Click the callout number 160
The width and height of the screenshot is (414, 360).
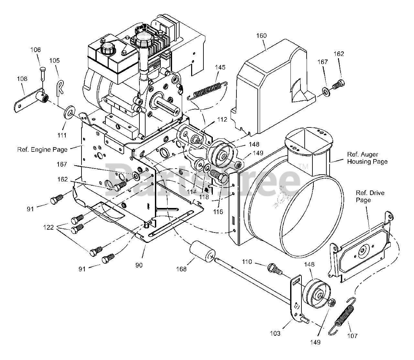pyautogui.click(x=261, y=36)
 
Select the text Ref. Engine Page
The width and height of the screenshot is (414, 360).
pyautogui.click(x=42, y=149)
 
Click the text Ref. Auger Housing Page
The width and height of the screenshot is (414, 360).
pyautogui.click(x=367, y=158)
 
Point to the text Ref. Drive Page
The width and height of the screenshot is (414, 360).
pyautogui.click(x=365, y=196)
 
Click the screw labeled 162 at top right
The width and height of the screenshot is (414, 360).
pyautogui.click(x=338, y=85)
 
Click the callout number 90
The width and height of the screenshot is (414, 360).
pyautogui.click(x=139, y=265)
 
